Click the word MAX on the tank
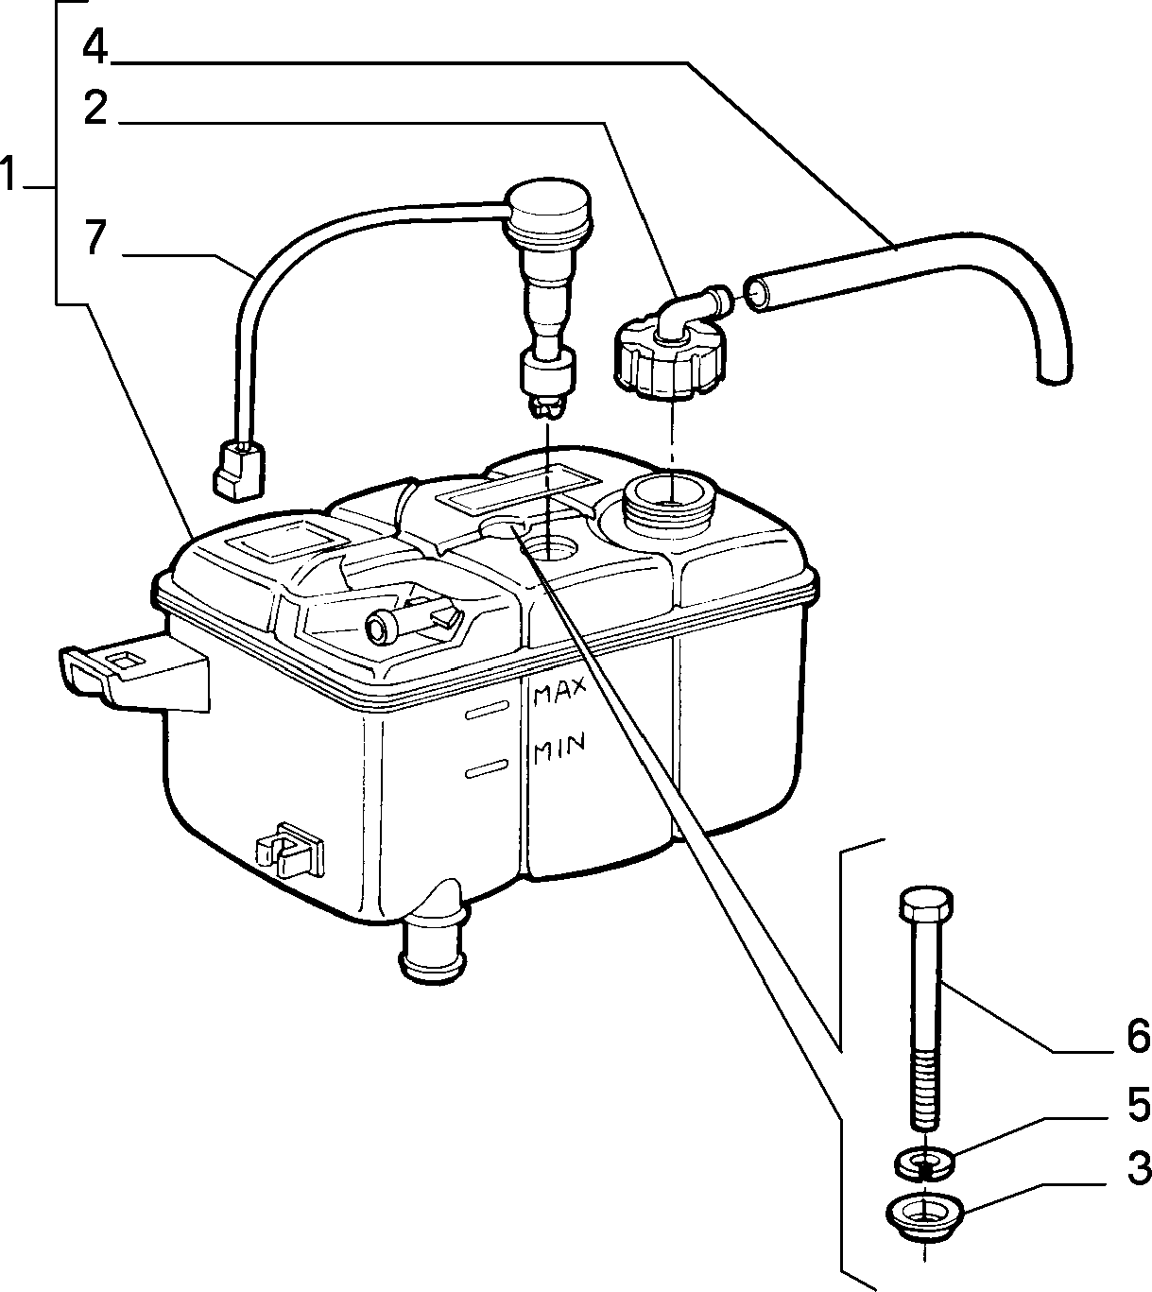pos(559,692)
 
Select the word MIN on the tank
pos(559,749)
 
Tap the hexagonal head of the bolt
pos(926,902)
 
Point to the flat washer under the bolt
pos(924,1162)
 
